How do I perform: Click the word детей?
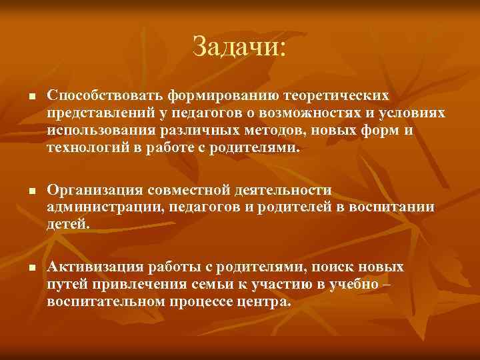point(67,224)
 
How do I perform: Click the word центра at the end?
point(269,301)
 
